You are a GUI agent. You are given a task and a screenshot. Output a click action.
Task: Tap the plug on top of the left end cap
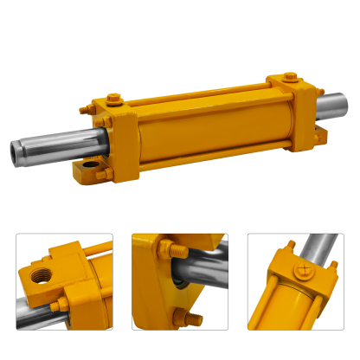pyautogui.click(x=86, y=110)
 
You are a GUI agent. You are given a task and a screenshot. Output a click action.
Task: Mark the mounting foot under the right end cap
pyautogui.click(x=323, y=134)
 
